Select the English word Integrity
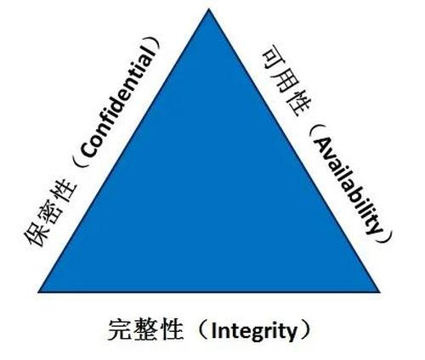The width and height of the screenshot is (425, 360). pyautogui.click(x=254, y=330)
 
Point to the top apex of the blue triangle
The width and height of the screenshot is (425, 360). pyautogui.click(x=209, y=8)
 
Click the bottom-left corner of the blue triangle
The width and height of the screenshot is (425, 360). pyautogui.click(x=38, y=291)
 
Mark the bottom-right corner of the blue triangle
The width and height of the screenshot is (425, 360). pyautogui.click(x=380, y=291)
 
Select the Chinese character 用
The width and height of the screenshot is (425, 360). pyautogui.click(x=286, y=82)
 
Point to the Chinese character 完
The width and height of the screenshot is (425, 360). pyautogui.click(x=120, y=329)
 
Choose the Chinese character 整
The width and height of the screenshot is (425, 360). pyautogui.click(x=144, y=329)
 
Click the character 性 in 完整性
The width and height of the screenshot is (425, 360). pyautogui.click(x=169, y=329)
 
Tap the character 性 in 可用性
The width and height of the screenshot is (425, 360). pyautogui.click(x=299, y=104)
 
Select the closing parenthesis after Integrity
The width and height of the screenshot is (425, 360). pyautogui.click(x=304, y=330)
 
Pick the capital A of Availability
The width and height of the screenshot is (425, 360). pyautogui.click(x=322, y=145)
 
